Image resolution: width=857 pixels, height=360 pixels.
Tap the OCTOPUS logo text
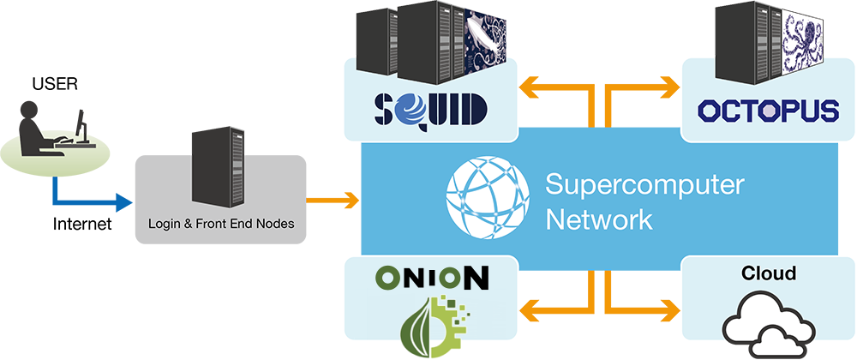(768, 111)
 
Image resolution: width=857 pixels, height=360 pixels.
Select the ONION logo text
(432, 279)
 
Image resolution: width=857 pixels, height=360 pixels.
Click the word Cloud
(768, 274)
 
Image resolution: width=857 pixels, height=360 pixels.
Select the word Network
(599, 219)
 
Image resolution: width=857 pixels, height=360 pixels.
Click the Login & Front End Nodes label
(221, 224)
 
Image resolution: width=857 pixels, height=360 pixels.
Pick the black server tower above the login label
(219, 169)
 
